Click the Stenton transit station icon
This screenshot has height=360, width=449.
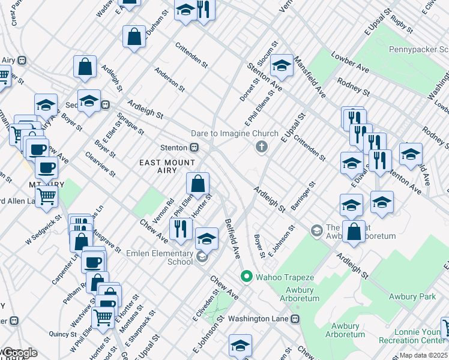tap(194, 148)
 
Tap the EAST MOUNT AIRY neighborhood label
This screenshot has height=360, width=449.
tap(167, 167)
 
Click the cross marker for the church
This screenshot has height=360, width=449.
tap(261, 147)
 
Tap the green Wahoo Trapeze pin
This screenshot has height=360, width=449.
tap(246, 277)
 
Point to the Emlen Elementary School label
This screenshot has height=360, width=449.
tap(160, 257)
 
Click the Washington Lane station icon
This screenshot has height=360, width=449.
tap(295, 319)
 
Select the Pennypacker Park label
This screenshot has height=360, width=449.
tap(418, 50)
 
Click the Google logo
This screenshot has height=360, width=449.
tap(19, 353)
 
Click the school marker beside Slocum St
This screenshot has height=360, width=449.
tap(281, 65)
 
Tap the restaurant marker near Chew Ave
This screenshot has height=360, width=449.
tap(179, 229)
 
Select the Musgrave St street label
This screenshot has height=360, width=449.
tap(109, 239)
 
